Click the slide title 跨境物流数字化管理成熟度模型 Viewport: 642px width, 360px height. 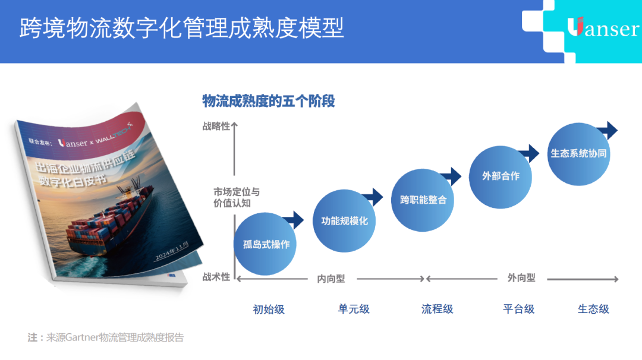pos(181,28)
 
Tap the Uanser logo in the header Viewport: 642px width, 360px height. pos(602,28)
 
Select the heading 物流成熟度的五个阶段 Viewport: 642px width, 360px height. pos(269,101)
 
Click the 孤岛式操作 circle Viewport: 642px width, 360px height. pos(266,244)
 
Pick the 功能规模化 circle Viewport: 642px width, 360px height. pos(344,221)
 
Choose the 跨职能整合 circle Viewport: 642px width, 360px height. pos(423,200)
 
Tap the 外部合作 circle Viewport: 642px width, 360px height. pos(501,176)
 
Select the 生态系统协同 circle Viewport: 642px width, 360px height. pos(578,153)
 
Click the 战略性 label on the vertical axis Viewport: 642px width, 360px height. pos(216,126)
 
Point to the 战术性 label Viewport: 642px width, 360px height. pos(216,277)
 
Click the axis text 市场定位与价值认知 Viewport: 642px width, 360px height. pos(237,197)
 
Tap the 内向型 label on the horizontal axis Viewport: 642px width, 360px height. pos(331,278)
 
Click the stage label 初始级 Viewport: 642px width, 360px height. pos(269,309)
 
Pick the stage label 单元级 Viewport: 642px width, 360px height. pos(354,309)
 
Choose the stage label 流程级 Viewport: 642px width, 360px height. pos(438,309)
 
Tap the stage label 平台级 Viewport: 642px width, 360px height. pos(519,309)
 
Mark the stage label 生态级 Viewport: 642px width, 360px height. pos(593,309)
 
